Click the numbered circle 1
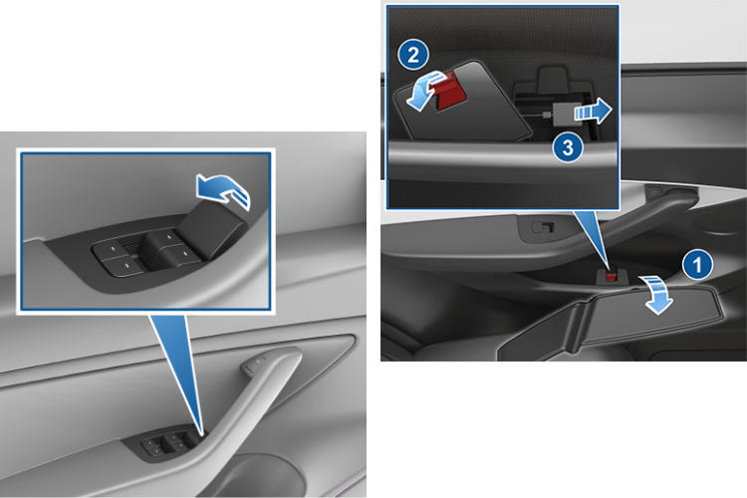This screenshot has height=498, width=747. point(697,264)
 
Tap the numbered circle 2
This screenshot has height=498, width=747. point(413,55)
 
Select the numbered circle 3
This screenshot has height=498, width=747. point(568,147)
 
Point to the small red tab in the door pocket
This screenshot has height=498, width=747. point(611,276)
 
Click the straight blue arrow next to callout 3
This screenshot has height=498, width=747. point(594,111)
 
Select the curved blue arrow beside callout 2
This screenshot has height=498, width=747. point(423,90)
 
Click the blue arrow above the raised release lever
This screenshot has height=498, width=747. point(223,189)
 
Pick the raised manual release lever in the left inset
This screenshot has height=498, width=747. point(212,229)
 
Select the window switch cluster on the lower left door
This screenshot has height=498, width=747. point(170,445)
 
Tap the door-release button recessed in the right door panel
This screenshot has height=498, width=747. point(543,227)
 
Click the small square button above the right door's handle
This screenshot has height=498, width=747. point(654,192)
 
